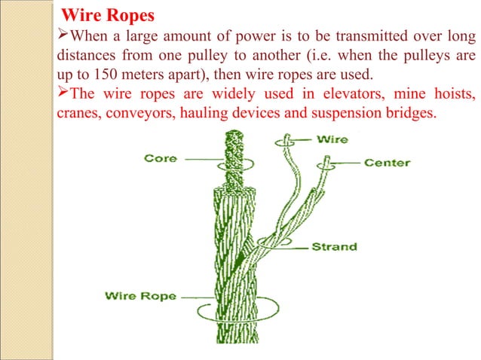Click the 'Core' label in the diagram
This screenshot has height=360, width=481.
point(160,158)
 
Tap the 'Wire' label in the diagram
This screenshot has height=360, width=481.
point(332,139)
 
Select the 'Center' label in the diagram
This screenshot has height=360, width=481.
point(387,162)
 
